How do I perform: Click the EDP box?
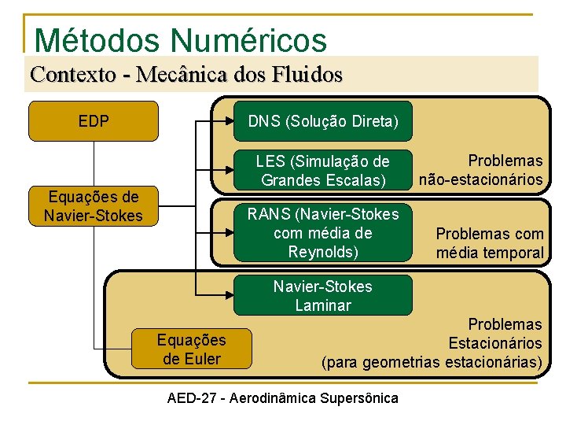pyautogui.click(x=94, y=121)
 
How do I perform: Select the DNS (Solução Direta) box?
pyautogui.click(x=322, y=121)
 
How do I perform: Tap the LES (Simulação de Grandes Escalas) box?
pyautogui.click(x=322, y=170)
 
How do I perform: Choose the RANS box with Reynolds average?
pyautogui.click(x=322, y=233)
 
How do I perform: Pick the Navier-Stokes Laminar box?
pyautogui.click(x=322, y=295)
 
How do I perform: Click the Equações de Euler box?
pyautogui.click(x=192, y=349)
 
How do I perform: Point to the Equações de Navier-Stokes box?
pyautogui.click(x=94, y=206)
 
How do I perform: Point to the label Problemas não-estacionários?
pyautogui.click(x=481, y=170)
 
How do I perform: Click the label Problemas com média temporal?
pyautogui.click(x=490, y=243)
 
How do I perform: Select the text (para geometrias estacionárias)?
pyautogui.click(x=432, y=362)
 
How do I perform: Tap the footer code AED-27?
pyautogui.click(x=193, y=397)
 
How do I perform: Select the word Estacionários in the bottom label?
pyautogui.click(x=494, y=343)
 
